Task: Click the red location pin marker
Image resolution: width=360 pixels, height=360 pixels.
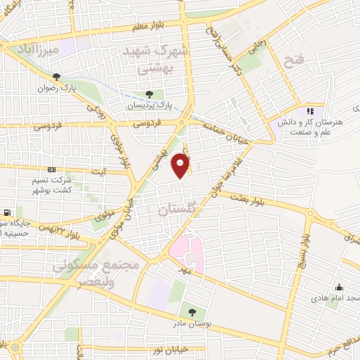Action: (x=181, y=166)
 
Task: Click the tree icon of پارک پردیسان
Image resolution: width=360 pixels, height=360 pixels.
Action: (x=148, y=94)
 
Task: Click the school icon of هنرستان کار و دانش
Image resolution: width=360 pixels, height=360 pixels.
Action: (x=309, y=110)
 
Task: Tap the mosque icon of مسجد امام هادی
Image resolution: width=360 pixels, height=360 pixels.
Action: (x=339, y=287)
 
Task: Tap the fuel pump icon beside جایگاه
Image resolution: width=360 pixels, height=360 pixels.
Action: (x=7, y=212)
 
